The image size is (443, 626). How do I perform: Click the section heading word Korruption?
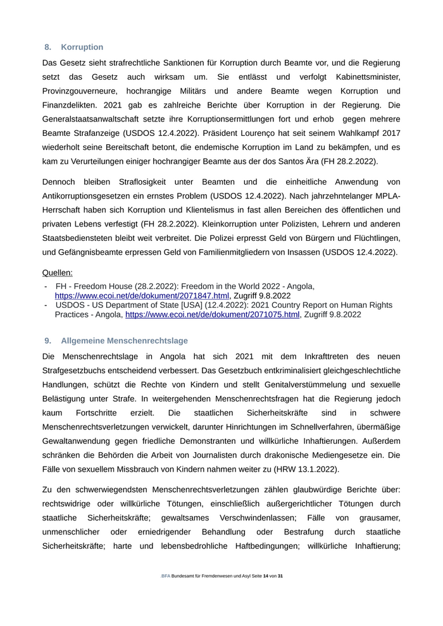[x=82, y=47]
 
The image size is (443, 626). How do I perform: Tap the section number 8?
[x=48, y=47]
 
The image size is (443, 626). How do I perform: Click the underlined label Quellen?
[x=58, y=273]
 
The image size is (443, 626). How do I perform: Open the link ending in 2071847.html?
[x=142, y=295]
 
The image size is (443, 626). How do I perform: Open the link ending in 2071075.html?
[x=212, y=314]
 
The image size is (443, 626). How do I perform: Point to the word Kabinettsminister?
[x=361, y=77]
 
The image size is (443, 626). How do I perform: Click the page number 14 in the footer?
[x=266, y=576]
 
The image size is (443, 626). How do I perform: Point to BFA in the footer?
[x=166, y=576]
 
